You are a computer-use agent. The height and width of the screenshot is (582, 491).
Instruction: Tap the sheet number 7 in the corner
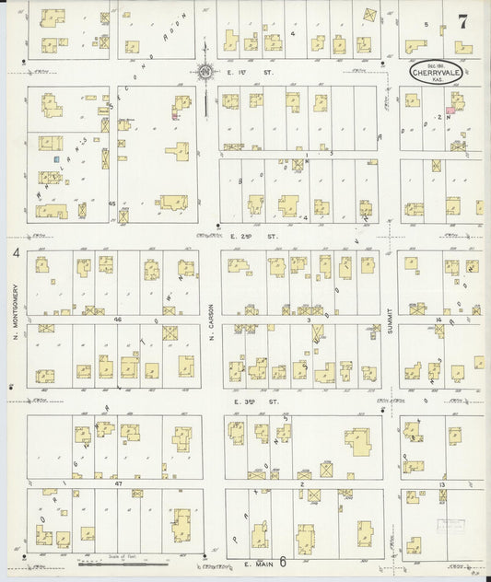pos(462,23)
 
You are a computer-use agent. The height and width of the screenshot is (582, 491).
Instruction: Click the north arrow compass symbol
pos(205,70)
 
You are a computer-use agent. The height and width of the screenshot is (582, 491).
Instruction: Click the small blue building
pos(56,159)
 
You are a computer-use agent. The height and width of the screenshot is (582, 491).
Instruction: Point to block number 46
pos(118,318)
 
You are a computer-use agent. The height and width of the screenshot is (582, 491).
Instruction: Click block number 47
pos(118,483)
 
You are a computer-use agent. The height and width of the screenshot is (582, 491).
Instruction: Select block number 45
pos(112,202)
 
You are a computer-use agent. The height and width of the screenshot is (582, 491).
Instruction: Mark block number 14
pos(438,319)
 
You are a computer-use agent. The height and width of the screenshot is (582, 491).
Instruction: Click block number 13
pos(440,483)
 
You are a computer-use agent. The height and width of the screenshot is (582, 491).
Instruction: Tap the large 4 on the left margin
pos(16,251)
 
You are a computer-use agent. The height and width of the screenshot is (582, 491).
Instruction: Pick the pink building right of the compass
pos(450,111)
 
